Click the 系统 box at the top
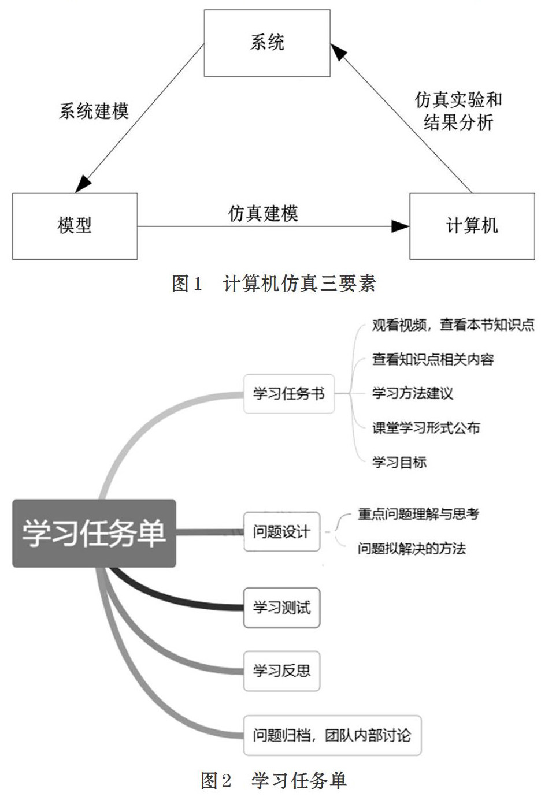click(267, 43)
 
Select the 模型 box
click(75, 226)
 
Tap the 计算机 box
click(472, 226)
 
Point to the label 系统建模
click(94, 111)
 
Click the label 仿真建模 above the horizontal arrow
click(263, 214)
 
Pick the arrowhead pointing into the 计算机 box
click(401, 226)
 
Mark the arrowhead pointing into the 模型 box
click(83, 184)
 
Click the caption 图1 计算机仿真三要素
click(273, 284)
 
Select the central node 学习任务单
click(94, 533)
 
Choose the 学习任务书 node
click(289, 394)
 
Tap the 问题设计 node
click(281, 532)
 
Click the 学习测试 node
click(281, 608)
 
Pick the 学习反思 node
click(281, 671)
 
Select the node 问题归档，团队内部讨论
click(332, 735)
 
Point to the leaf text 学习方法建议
click(413, 393)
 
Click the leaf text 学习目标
click(399, 462)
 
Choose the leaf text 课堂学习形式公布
click(427, 428)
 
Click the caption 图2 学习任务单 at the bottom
click(273, 780)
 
